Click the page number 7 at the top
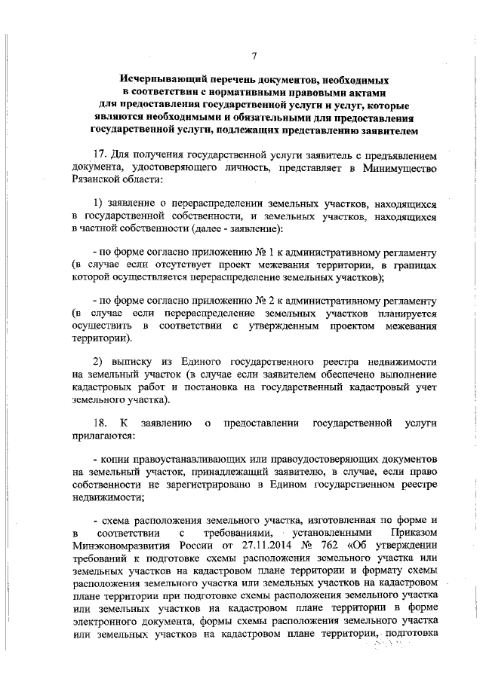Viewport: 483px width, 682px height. coord(254,55)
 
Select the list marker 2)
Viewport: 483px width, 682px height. coord(98,359)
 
